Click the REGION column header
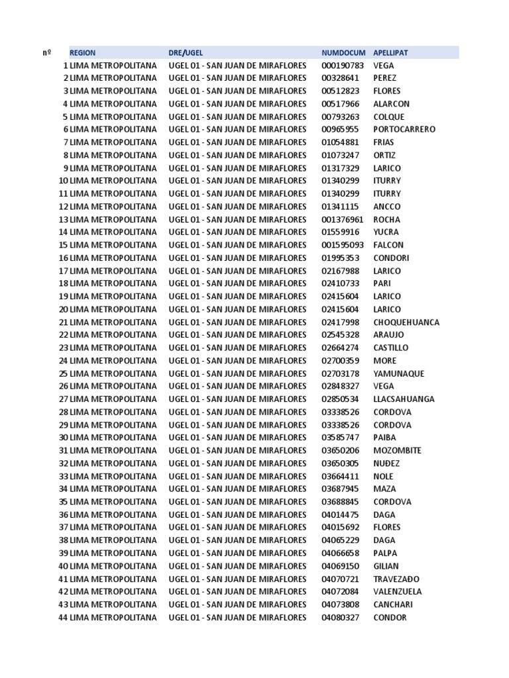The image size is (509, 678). [82, 52]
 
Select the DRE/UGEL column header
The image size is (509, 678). [186, 52]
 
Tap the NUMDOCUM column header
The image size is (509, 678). [343, 52]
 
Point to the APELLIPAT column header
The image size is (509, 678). [390, 52]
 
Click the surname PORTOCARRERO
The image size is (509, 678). [404, 129]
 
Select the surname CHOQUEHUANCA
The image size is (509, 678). [406, 322]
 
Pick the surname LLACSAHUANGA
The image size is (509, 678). [404, 399]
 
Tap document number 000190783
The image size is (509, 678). [343, 66]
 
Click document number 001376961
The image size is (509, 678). [343, 219]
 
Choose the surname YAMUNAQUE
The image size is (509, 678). [399, 373]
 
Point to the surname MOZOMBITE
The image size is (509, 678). [398, 451]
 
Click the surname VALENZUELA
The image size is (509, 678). [398, 592]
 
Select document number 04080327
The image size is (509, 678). [340, 618]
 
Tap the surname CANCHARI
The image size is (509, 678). [393, 605]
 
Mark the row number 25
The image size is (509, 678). [63, 373]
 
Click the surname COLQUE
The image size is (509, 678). [388, 117]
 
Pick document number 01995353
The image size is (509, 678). [340, 258]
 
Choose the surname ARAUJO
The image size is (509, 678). [388, 335]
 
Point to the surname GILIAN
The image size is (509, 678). [386, 566]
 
